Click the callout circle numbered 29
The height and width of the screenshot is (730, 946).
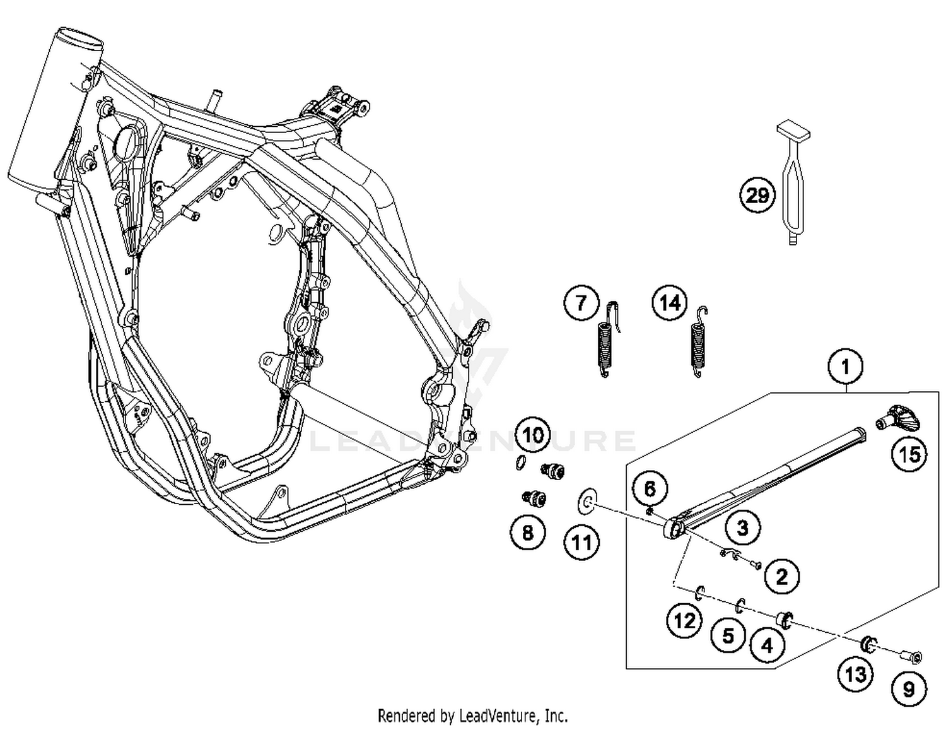point(757,196)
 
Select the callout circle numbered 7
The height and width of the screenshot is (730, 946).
point(580,303)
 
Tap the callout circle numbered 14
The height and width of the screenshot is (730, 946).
point(670,303)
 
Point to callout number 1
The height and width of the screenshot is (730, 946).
point(846,367)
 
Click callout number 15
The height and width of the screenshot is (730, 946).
point(909,454)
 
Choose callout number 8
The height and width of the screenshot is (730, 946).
point(527,533)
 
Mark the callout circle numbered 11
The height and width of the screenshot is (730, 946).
point(581,542)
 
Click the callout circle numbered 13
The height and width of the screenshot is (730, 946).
point(856,674)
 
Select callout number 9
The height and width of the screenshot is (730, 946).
point(909,688)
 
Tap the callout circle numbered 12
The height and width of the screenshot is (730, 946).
point(684,620)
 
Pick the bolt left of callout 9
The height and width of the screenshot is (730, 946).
point(911,657)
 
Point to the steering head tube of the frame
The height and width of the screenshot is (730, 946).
point(55,110)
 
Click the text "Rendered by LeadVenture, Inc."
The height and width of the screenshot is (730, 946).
point(472,715)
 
